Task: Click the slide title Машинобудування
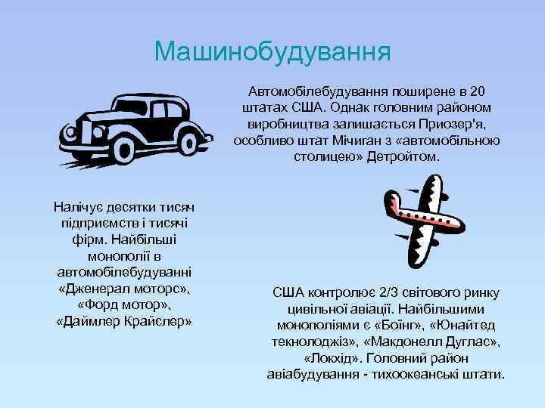[272, 51]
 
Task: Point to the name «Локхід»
[332, 358]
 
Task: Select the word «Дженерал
[89, 289]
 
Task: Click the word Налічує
[79, 206]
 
